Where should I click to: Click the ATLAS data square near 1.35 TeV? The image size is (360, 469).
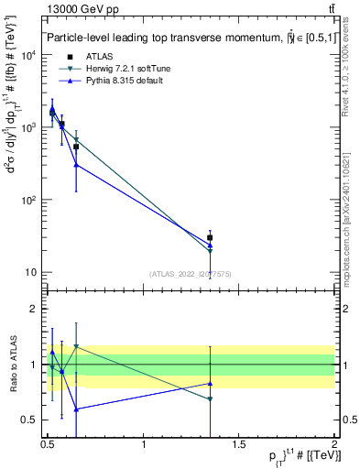[210, 237]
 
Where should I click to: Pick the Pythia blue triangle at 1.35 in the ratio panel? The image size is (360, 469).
[210, 383]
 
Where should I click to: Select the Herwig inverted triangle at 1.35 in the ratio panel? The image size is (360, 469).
[210, 399]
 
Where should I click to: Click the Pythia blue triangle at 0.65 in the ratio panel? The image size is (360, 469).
[76, 409]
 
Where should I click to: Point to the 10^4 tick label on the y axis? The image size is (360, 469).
[30, 56]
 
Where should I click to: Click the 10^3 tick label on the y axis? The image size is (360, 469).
[30, 128]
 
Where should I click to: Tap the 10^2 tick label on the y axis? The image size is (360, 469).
[30, 201]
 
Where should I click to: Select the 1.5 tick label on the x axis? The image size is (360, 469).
[239, 444]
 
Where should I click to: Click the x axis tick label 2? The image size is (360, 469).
[334, 444]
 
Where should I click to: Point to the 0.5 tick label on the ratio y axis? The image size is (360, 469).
[33, 420]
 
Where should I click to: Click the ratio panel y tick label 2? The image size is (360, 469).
[37, 310]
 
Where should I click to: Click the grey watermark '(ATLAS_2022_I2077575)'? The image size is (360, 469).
[191, 273]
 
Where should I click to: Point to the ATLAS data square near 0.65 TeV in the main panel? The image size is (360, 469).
[76, 147]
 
